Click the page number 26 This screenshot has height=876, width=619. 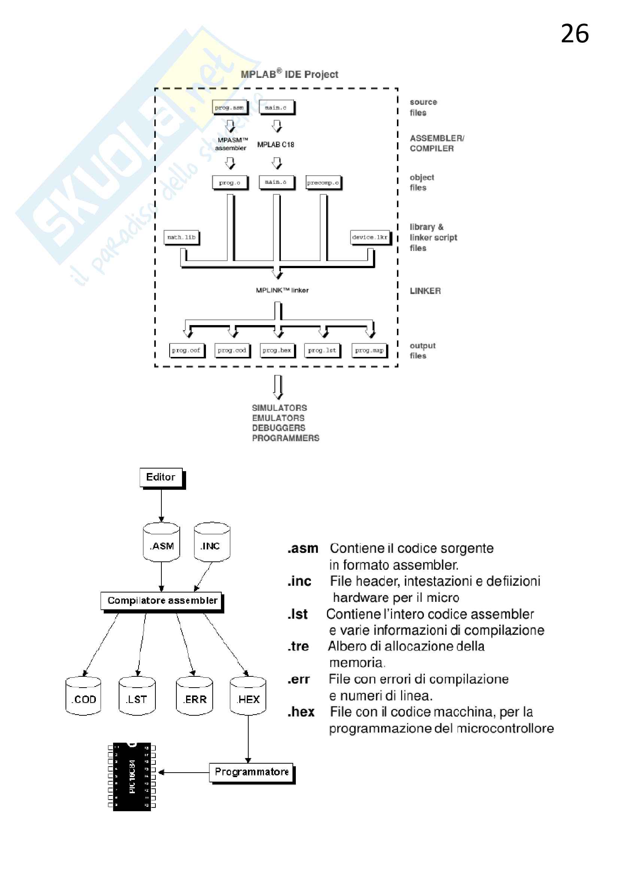(574, 34)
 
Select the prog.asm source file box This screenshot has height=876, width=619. (229, 107)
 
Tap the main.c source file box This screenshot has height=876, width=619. (276, 107)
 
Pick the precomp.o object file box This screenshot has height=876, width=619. (323, 183)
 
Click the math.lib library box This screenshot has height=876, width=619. (182, 237)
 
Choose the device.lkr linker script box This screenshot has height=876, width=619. (370, 237)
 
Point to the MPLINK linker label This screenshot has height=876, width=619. (282, 290)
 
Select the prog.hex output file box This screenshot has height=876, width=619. (277, 350)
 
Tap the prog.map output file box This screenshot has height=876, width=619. (369, 350)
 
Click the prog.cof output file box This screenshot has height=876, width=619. (186, 350)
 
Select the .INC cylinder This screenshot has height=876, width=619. (212, 543)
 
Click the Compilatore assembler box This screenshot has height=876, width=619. (162, 601)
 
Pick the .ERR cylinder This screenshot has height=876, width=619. (194, 696)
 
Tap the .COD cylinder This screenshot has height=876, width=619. (84, 696)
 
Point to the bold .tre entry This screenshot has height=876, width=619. (298, 647)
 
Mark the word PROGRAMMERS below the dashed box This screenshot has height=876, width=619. (286, 438)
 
